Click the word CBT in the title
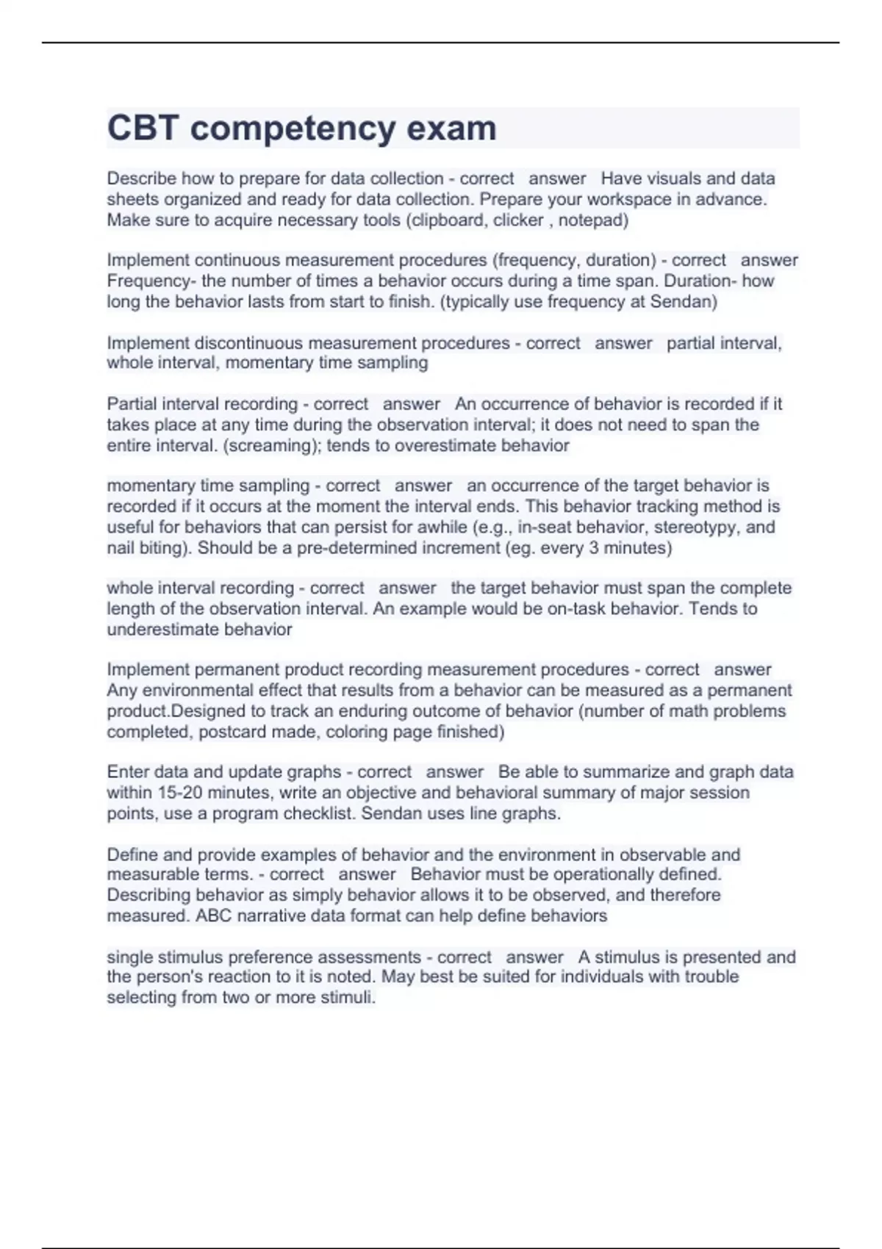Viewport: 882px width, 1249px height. click(x=143, y=128)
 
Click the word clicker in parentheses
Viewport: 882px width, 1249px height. click(x=518, y=220)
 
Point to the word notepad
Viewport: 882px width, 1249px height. click(x=590, y=220)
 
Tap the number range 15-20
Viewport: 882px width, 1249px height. click(x=180, y=793)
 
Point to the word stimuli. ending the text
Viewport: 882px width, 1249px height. click(x=349, y=997)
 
